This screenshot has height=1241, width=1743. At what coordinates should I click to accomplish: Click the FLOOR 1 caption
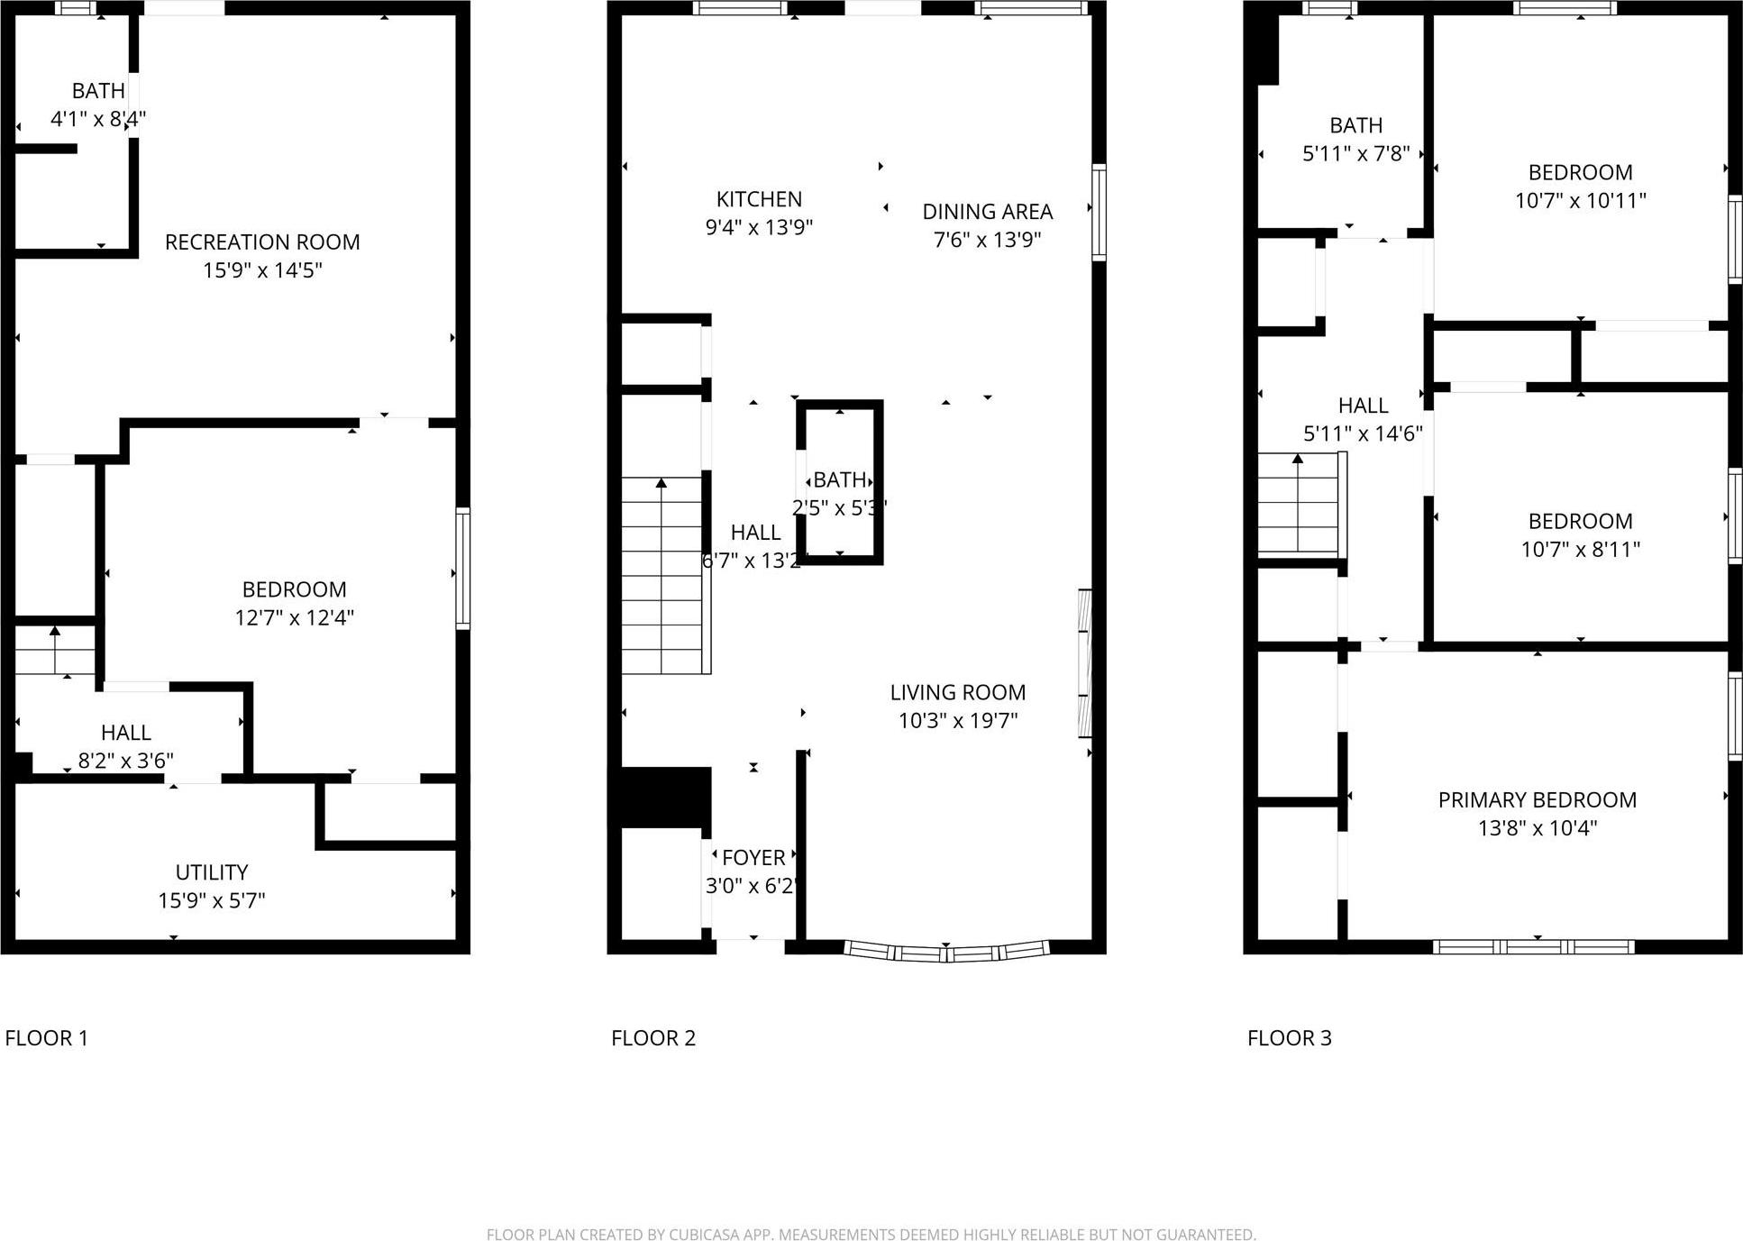[47, 1038]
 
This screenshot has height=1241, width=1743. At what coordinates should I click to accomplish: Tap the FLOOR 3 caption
[1289, 1038]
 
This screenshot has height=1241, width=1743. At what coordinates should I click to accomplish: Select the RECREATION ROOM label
[262, 242]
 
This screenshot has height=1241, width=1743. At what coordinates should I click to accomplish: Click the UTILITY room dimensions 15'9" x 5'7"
[212, 900]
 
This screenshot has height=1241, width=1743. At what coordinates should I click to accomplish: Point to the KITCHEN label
[759, 199]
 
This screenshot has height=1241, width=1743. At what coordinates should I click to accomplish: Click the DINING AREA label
[987, 212]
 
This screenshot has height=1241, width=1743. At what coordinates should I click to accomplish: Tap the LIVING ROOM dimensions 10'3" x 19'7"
[957, 720]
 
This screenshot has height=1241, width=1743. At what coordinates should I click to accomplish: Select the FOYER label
[753, 858]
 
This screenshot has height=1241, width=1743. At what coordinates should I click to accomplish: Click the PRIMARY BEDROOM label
[1537, 800]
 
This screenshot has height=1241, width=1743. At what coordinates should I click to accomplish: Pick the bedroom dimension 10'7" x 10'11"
[1580, 200]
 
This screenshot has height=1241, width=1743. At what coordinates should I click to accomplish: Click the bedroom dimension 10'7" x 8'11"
[1580, 549]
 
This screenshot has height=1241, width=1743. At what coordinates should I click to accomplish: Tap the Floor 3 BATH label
[1355, 125]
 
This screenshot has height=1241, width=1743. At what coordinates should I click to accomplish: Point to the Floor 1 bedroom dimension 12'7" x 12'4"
[294, 617]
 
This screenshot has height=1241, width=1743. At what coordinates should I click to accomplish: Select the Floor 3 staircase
[1298, 505]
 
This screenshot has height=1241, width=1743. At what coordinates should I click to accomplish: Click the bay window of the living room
[946, 952]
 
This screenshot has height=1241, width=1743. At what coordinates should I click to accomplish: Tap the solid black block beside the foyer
[665, 797]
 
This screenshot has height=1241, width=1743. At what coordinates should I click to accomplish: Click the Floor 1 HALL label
[126, 733]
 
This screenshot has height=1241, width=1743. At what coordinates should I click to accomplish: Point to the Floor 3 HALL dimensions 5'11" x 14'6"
[1363, 433]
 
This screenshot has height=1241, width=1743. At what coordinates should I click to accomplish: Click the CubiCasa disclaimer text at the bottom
[871, 1234]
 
